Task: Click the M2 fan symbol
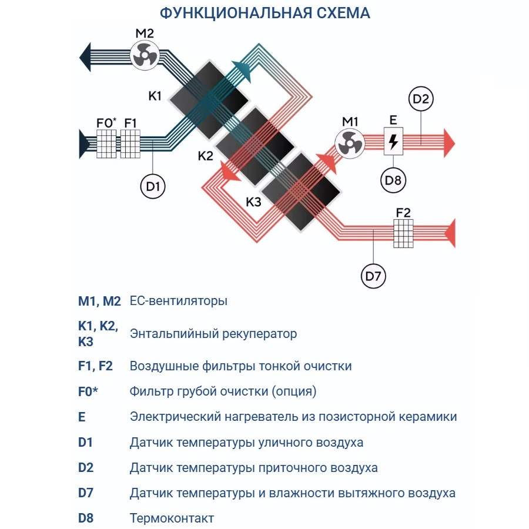144,56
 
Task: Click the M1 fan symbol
350,143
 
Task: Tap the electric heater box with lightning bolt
393,142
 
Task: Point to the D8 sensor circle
393,180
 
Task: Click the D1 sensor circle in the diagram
153,186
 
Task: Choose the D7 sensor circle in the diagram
374,276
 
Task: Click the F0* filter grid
107,143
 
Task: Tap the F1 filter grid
130,143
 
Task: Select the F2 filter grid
403,233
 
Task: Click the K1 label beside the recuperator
155,96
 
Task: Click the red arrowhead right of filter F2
450,233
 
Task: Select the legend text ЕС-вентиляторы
178,302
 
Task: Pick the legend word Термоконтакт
172,518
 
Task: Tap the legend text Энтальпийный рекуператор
213,334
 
